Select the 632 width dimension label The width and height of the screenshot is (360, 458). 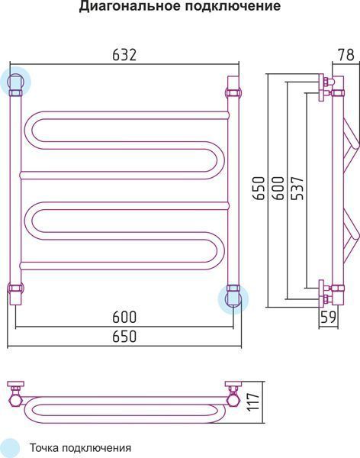(x=124, y=55)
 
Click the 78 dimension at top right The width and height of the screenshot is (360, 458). (x=346, y=55)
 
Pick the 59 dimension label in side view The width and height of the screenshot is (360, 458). (x=329, y=317)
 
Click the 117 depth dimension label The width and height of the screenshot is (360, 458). (x=252, y=402)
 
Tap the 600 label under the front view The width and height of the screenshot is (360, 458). (x=124, y=318)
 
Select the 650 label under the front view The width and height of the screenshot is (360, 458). (x=124, y=337)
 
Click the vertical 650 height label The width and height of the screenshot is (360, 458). (x=259, y=189)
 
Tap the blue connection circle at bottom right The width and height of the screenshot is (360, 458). (x=233, y=298)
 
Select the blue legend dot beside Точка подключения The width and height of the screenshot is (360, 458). (x=9, y=447)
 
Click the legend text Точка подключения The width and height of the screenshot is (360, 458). (x=80, y=448)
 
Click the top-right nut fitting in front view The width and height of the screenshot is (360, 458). (x=233, y=93)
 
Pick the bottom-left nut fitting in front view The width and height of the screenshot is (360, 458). (x=15, y=288)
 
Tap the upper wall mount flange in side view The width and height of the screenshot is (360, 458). (x=321, y=88)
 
